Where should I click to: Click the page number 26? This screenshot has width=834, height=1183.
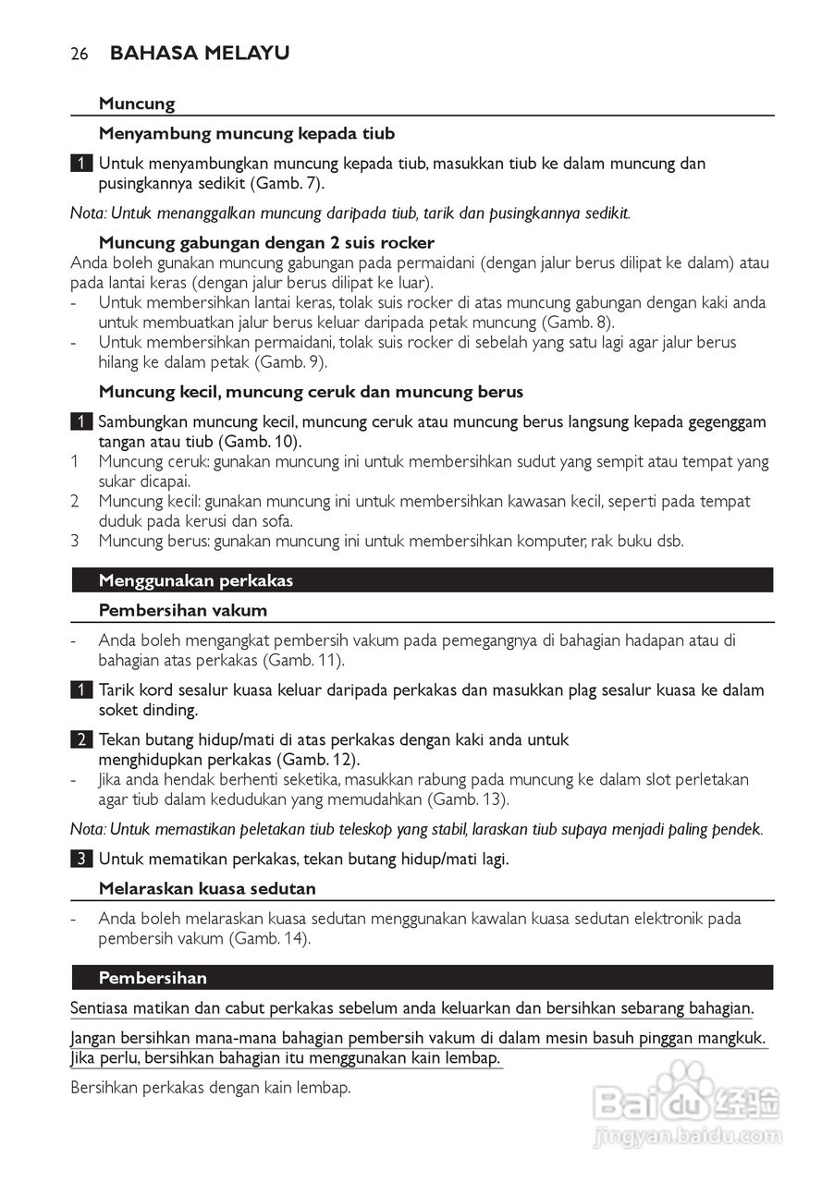[79, 55]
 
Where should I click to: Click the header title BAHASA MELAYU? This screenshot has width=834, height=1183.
[200, 54]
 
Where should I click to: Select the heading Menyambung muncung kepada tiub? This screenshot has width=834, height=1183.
[246, 134]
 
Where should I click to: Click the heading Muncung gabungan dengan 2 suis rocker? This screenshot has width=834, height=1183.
[266, 243]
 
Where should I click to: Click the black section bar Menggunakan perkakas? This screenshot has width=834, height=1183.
[422, 580]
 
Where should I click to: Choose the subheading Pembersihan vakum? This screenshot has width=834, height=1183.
[183, 610]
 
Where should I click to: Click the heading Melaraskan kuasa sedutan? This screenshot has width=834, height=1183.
[207, 888]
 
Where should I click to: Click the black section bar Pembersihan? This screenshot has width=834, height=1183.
[422, 978]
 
